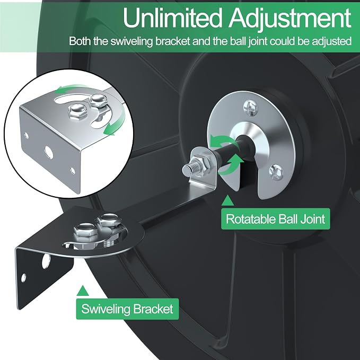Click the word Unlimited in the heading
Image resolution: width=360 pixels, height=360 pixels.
(x=173, y=17)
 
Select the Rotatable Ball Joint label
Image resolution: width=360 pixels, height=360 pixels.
(x=276, y=219)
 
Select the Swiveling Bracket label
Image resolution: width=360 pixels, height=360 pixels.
(x=127, y=309)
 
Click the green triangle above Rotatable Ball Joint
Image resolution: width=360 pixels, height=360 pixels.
(x=228, y=200)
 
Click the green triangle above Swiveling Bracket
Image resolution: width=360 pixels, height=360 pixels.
(x=83, y=291)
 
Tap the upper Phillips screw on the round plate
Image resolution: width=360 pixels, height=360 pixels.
(x=250, y=107)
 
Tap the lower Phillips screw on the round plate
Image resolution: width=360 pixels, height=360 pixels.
(x=276, y=172)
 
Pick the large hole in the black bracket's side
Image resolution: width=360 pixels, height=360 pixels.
(x=46, y=261)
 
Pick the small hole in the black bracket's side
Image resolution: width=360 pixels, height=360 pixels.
(x=23, y=278)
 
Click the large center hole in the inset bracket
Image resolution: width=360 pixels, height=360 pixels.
(x=48, y=152)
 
